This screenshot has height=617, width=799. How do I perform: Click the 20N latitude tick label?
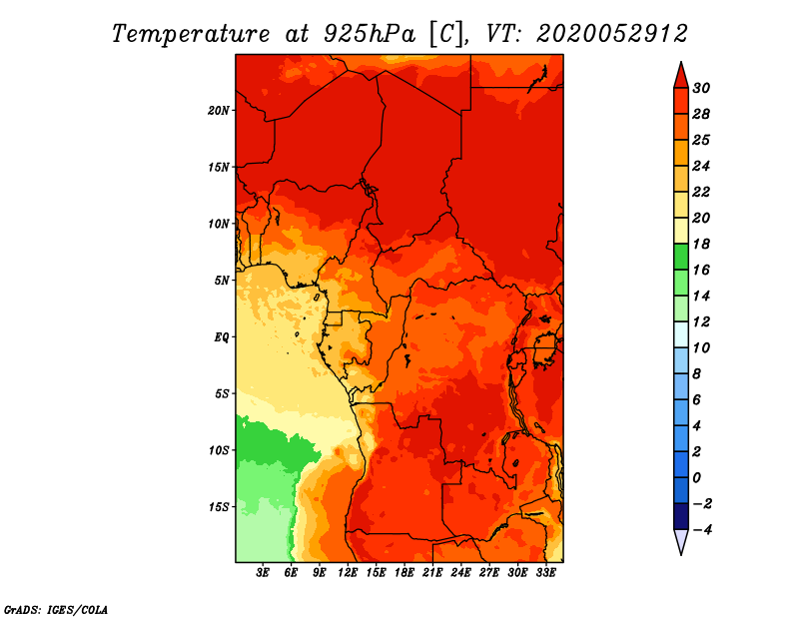click(x=219, y=110)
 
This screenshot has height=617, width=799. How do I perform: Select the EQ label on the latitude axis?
click(x=222, y=336)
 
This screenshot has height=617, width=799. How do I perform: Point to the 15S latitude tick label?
click(x=219, y=506)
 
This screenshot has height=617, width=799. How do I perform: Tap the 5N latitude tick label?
click(x=222, y=280)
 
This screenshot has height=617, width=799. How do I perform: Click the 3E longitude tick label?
click(x=264, y=573)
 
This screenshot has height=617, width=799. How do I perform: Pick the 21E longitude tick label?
click(x=432, y=573)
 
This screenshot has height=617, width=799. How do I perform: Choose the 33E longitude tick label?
click(x=545, y=573)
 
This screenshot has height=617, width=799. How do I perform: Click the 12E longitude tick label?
click(x=348, y=573)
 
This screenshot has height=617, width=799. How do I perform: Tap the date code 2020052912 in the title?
click(x=612, y=33)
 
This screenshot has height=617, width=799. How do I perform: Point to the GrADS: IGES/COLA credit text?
click(x=55, y=608)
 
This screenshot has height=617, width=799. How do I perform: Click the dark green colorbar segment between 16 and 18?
click(x=679, y=257)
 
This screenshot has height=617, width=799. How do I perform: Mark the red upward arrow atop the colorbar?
click(x=679, y=75)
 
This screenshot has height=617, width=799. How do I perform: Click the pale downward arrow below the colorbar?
click(x=679, y=542)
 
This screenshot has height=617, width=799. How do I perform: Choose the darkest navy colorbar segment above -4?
click(x=679, y=516)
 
